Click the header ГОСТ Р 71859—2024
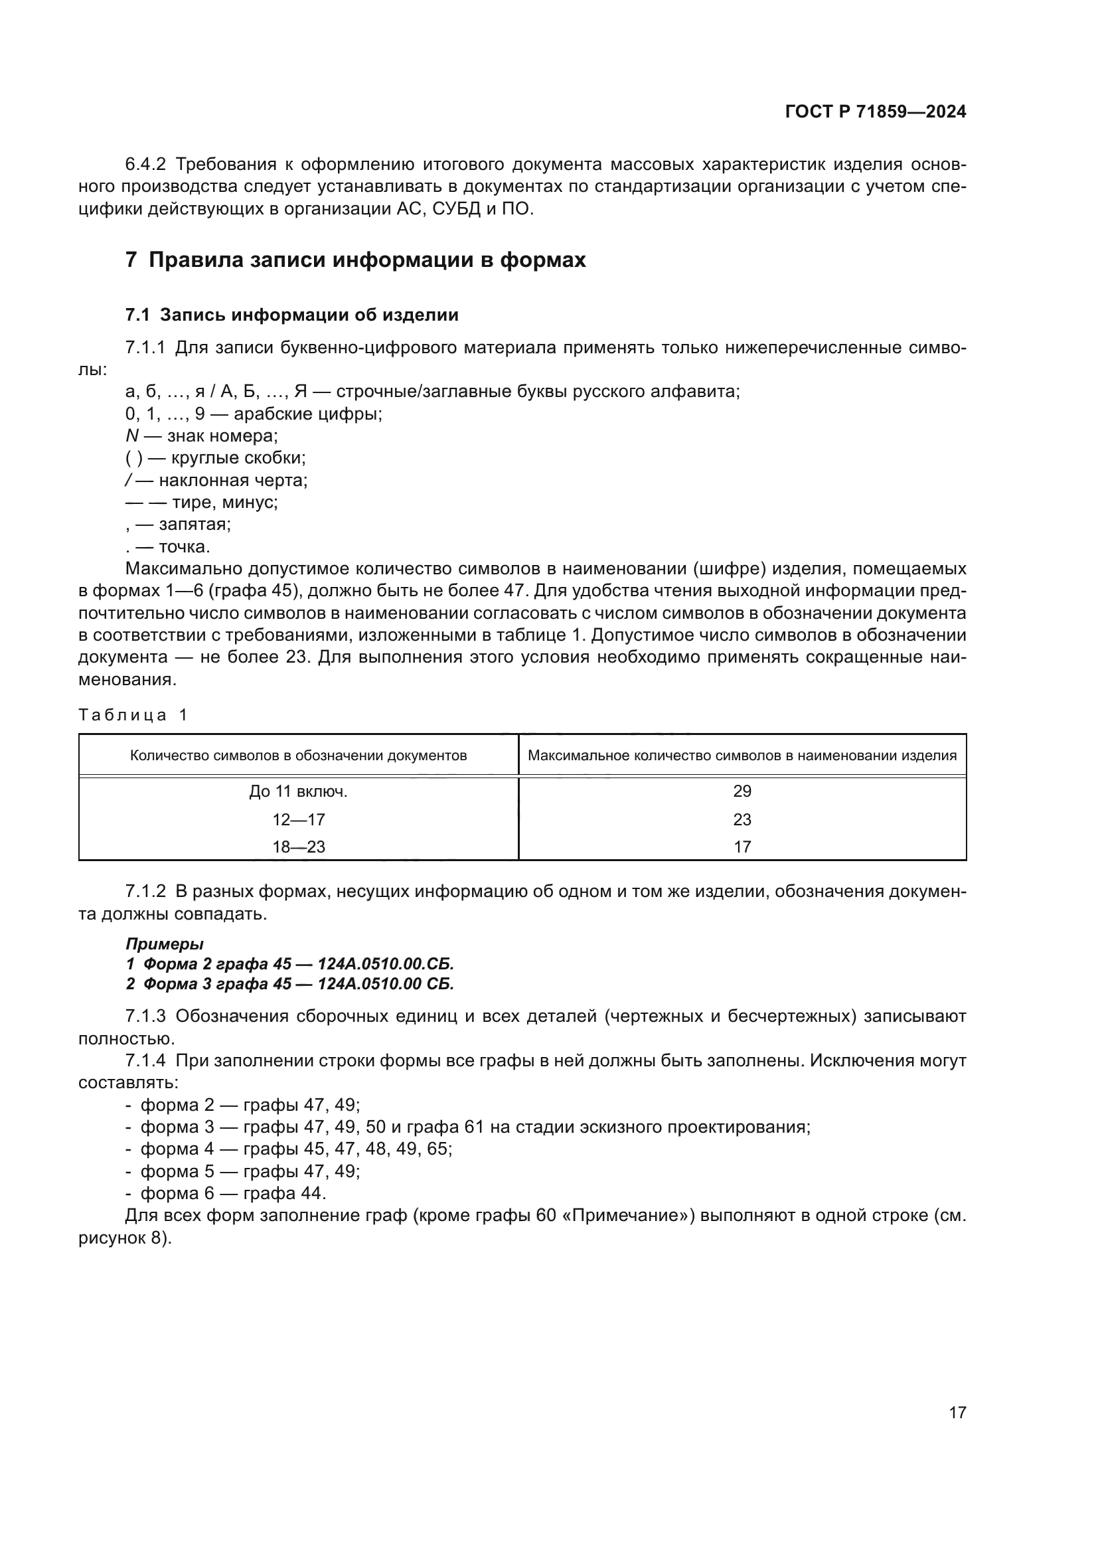coord(875,112)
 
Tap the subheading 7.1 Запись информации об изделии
coord(291,315)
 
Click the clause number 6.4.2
coord(145,165)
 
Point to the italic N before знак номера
coord(132,436)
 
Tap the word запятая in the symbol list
coord(195,525)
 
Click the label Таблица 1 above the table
coord(133,715)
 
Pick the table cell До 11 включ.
coord(298,791)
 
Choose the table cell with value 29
coord(742,791)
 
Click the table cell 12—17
coord(298,820)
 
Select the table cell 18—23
coord(298,847)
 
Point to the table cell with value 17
coord(742,847)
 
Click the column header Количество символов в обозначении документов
coord(298,756)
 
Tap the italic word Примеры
coord(164,943)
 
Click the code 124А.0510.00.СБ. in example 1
coord(386,964)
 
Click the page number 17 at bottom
coord(957,1412)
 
